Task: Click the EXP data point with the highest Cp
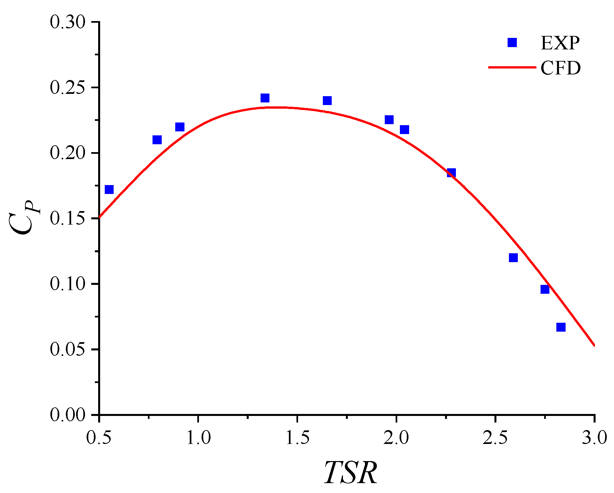click(x=265, y=98)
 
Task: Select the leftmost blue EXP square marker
click(x=109, y=189)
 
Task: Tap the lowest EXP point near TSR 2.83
click(x=561, y=327)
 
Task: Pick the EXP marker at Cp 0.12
click(x=513, y=258)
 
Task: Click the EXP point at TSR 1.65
click(x=327, y=100)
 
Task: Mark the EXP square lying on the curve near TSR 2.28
click(x=451, y=173)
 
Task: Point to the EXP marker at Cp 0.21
click(x=157, y=140)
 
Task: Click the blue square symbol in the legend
click(x=512, y=42)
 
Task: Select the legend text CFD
click(x=560, y=68)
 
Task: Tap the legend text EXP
click(x=560, y=43)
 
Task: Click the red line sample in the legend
click(x=512, y=67)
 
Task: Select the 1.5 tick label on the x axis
click(x=297, y=438)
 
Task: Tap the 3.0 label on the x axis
click(x=594, y=438)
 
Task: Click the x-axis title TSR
click(x=350, y=473)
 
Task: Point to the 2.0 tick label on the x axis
click(x=396, y=438)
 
